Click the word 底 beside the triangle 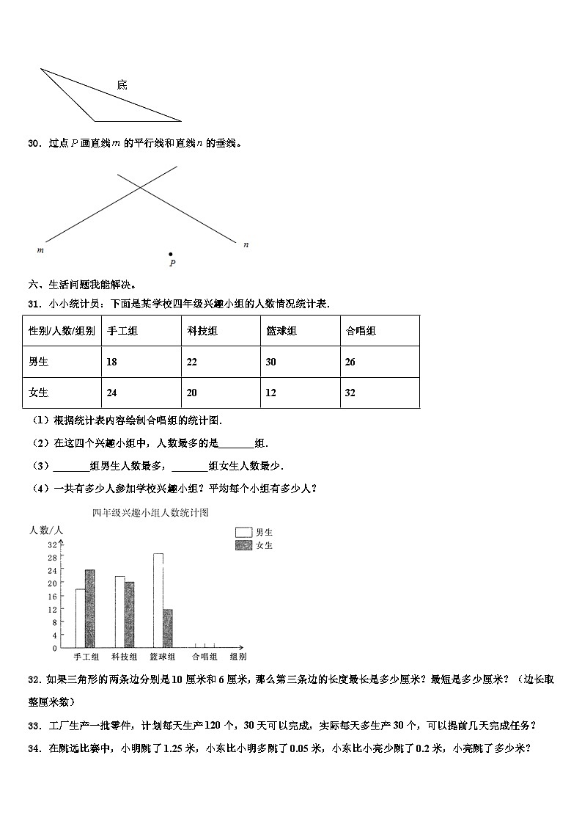tap(122, 85)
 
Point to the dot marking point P tap(171, 254)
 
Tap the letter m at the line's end tap(40, 250)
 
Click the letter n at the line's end tap(246, 244)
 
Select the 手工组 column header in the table tap(122, 331)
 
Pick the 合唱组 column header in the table tap(361, 331)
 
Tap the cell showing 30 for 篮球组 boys tap(271, 362)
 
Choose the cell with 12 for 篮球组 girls tap(271, 393)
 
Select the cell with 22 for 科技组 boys tap(192, 362)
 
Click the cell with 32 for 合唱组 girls tap(350, 393)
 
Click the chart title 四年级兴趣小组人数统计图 tap(150, 513)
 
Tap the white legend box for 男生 tap(243, 532)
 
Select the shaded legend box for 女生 tap(243, 545)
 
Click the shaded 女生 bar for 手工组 tap(89, 609)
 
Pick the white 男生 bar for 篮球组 tap(158, 600)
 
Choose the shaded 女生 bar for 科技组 tap(129, 615)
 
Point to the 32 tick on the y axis tap(52, 544)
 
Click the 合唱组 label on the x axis tap(205, 657)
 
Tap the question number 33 tap(34, 726)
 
